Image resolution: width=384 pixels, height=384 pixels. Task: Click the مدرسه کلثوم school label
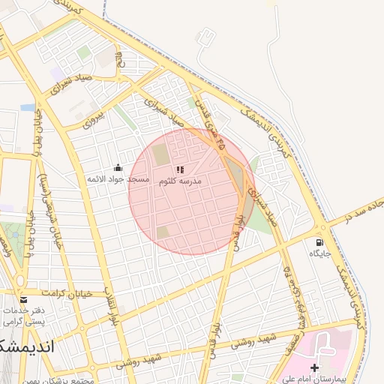(x=180, y=181)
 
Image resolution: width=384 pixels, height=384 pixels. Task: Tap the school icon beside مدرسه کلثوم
(x=180, y=170)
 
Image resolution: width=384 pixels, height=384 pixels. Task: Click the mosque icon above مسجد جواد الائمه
(x=117, y=168)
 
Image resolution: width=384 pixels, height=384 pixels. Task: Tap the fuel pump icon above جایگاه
(x=320, y=243)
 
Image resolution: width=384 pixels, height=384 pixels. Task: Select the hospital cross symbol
(x=314, y=367)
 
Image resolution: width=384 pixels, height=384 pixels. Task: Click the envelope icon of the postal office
(x=23, y=300)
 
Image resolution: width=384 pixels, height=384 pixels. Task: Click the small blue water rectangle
(x=28, y=107)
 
